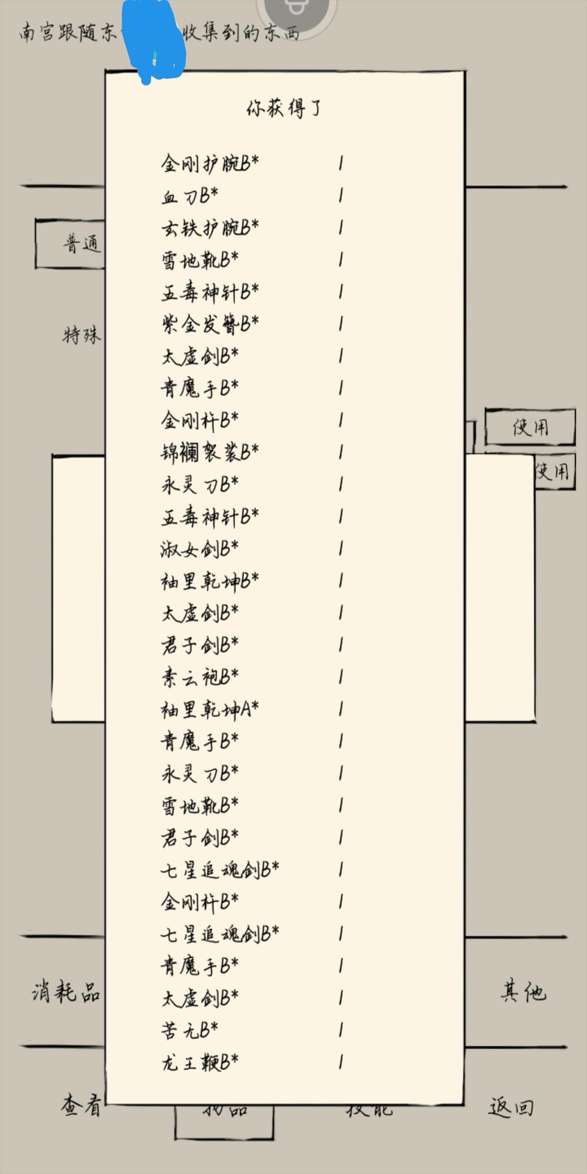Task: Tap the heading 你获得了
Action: (284, 109)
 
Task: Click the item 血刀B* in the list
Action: (190, 196)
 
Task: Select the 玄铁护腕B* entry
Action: (210, 228)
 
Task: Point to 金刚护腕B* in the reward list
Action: (210, 163)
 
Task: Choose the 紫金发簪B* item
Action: (210, 324)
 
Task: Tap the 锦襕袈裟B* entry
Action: (210, 452)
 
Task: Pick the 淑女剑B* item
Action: (199, 549)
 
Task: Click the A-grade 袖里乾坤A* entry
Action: (210, 709)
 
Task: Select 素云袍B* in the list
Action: (199, 677)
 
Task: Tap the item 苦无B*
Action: (190, 1030)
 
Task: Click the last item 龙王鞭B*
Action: (199, 1062)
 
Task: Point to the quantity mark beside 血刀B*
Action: (341, 196)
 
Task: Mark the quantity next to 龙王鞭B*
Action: (341, 1062)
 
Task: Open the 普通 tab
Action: (82, 243)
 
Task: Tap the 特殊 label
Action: (82, 335)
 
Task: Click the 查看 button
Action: (82, 1106)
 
